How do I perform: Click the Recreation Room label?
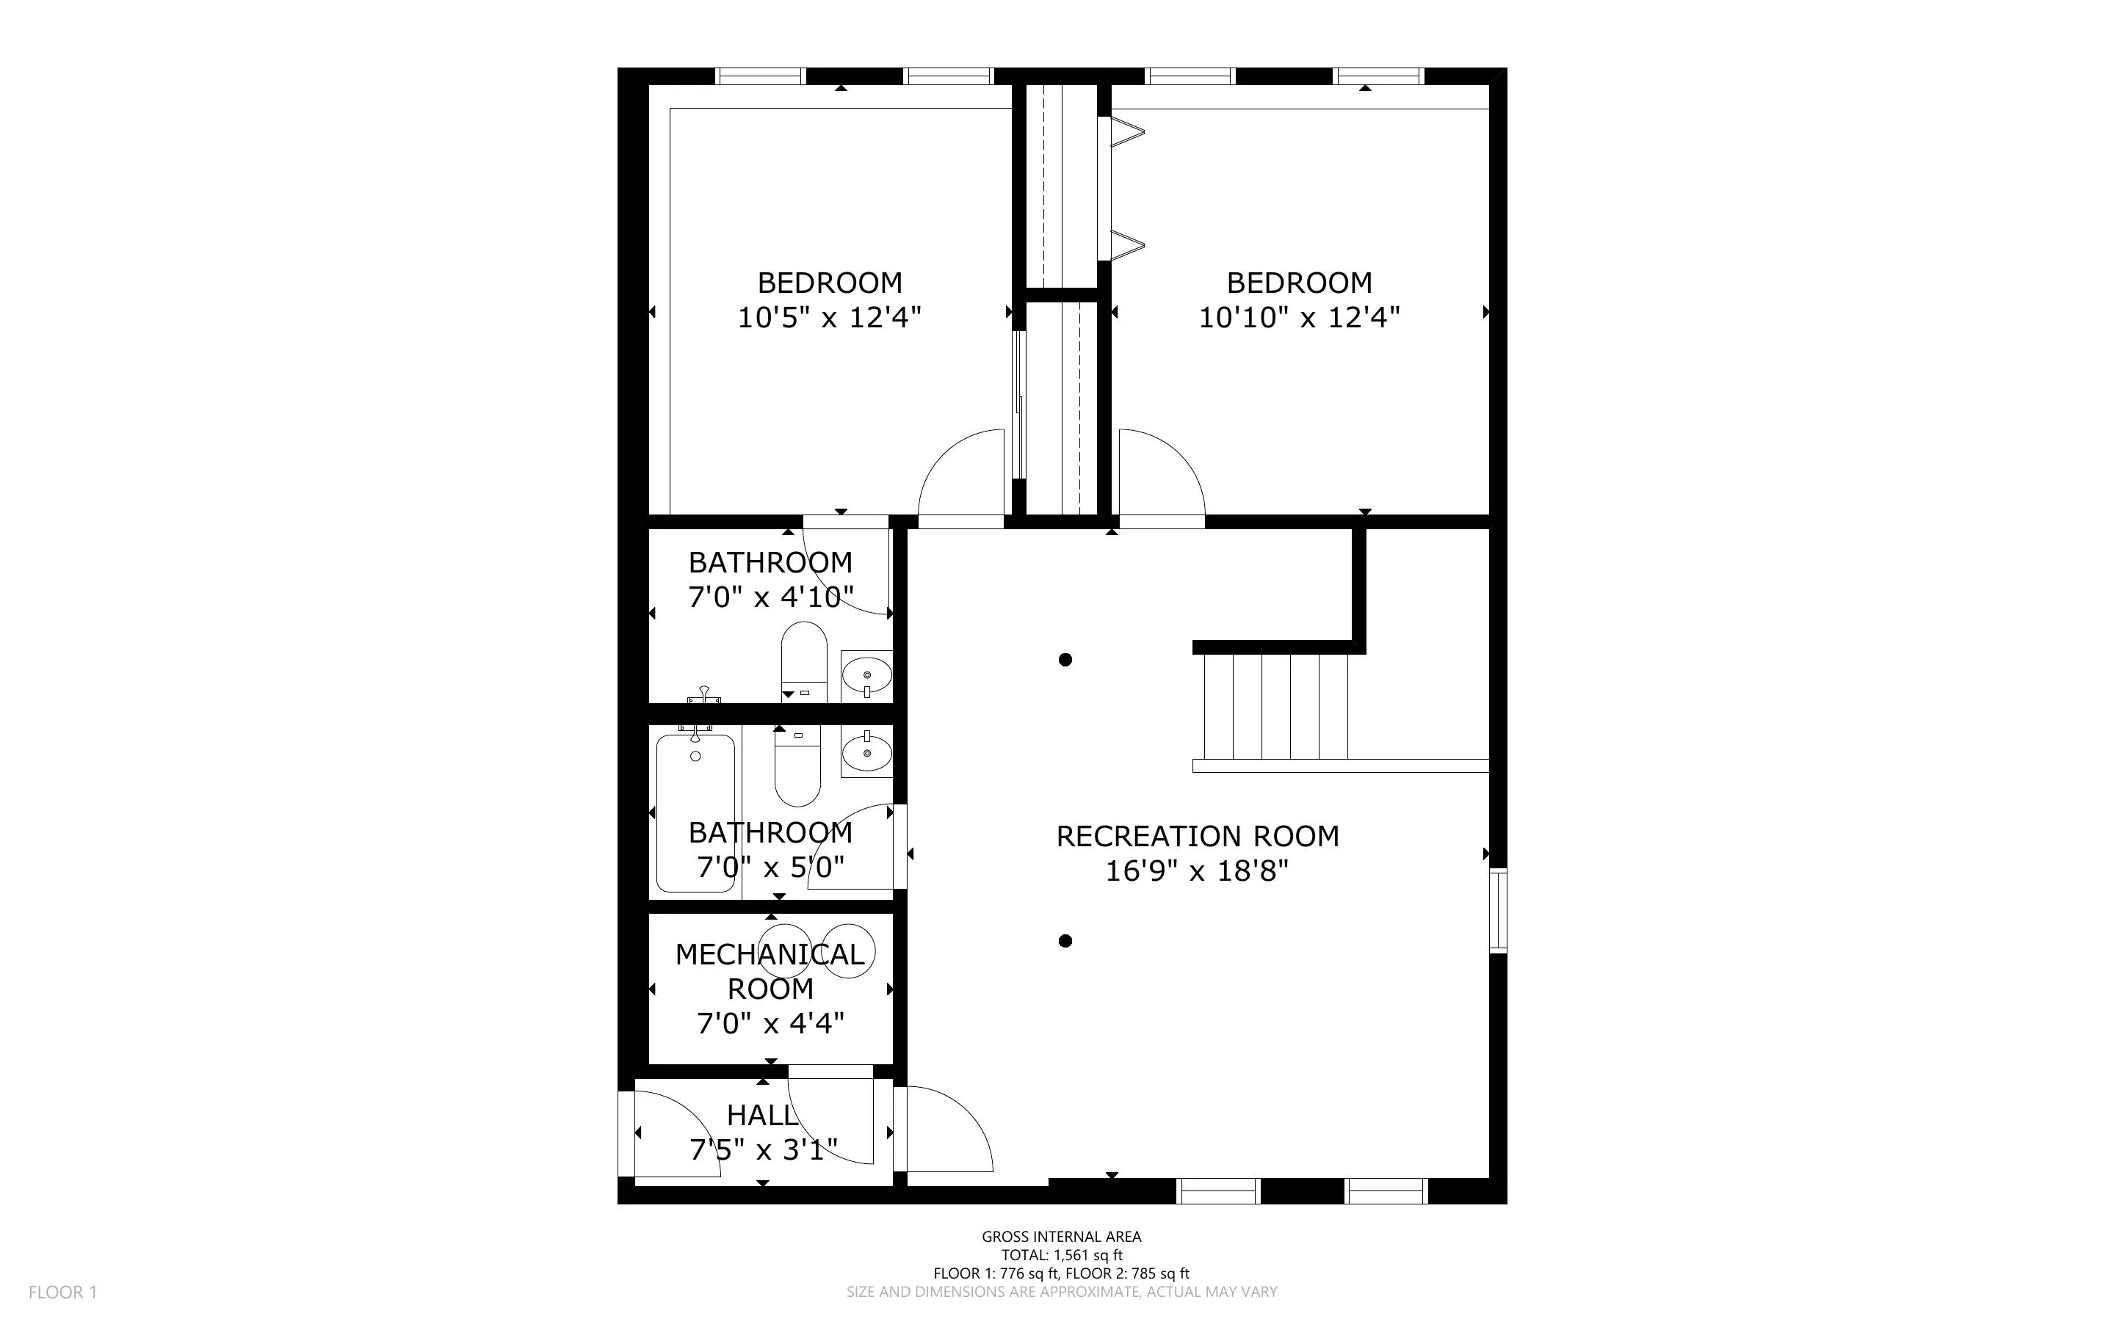(x=1197, y=837)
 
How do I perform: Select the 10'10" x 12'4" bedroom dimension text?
(x=1298, y=317)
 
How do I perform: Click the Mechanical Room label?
(x=770, y=971)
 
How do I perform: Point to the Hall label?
(x=762, y=1116)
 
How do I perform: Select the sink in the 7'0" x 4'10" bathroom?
(x=866, y=676)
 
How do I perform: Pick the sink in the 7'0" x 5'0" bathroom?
(x=866, y=753)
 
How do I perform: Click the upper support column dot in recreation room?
(x=1065, y=660)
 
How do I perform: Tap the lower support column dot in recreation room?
(x=1065, y=942)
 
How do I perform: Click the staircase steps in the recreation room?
(x=1275, y=707)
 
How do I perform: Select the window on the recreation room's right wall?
(x=1499, y=910)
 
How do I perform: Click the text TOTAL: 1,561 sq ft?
(x=1061, y=1255)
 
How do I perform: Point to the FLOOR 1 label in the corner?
(x=62, y=1292)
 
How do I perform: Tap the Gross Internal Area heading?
(x=1061, y=1237)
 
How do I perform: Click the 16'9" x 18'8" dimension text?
(x=1196, y=871)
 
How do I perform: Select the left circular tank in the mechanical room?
(x=785, y=950)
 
